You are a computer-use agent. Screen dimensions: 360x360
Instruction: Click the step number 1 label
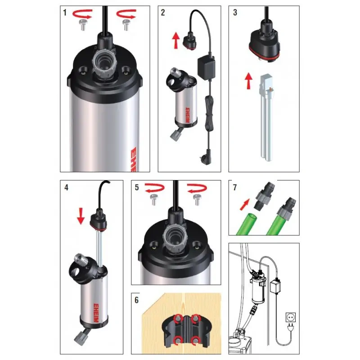(x=65, y=13)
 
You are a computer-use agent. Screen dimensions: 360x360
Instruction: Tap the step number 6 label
(x=137, y=300)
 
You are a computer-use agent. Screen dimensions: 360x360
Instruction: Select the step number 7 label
(x=234, y=188)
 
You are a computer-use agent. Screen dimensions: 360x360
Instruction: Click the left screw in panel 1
(x=82, y=25)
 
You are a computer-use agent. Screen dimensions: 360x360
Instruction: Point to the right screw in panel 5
(x=197, y=200)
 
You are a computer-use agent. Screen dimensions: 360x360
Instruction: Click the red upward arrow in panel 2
(x=176, y=40)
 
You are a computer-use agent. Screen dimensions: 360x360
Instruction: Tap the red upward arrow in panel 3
(x=248, y=81)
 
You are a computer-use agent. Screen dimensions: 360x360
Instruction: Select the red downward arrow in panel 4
(x=81, y=216)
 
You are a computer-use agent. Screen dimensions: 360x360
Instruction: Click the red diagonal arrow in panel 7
(x=244, y=204)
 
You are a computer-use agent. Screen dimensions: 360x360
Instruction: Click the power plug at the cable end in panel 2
(x=209, y=156)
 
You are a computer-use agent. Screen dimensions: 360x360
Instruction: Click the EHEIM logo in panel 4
(x=96, y=313)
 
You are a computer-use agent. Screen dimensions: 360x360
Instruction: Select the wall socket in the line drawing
(x=291, y=317)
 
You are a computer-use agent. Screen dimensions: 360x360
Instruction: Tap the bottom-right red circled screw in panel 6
(x=195, y=340)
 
